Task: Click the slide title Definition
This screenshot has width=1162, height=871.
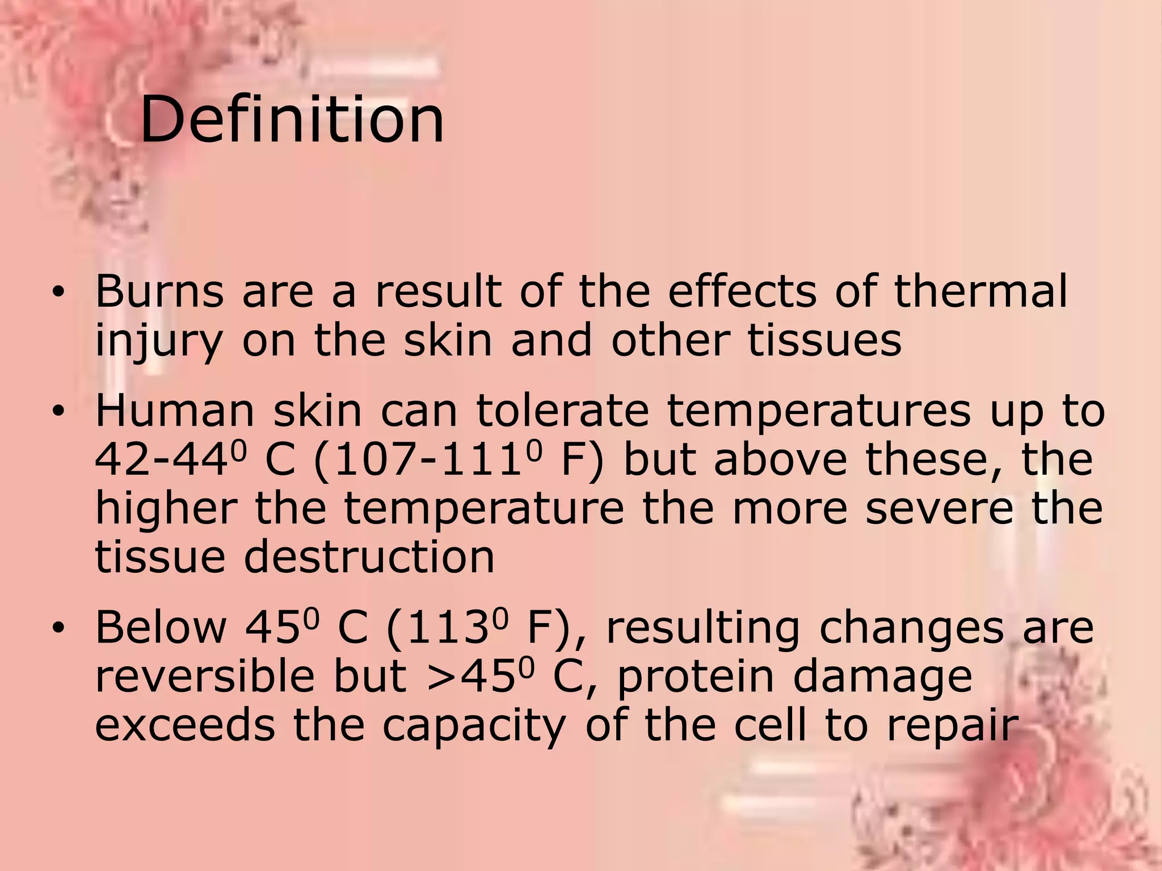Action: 292,120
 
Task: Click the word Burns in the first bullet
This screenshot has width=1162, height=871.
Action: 159,291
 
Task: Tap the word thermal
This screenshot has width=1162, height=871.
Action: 980,291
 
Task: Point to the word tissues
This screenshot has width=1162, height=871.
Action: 824,340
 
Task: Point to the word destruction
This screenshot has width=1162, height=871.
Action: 369,557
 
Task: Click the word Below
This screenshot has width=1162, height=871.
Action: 161,628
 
